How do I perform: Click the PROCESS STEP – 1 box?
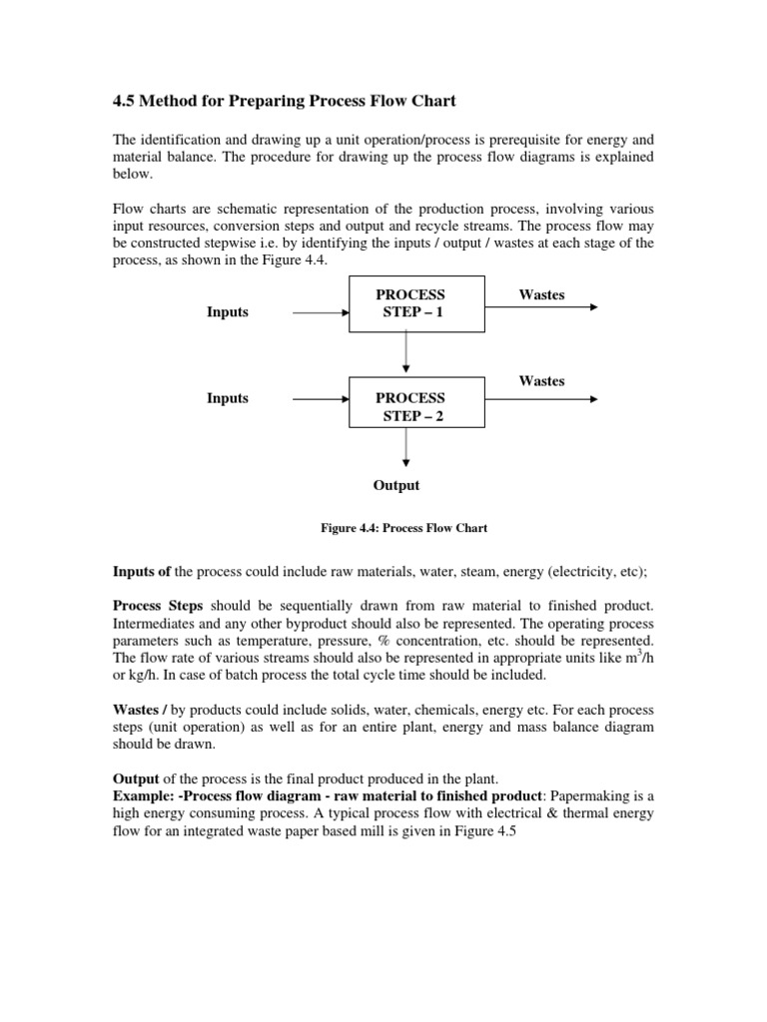[414, 304]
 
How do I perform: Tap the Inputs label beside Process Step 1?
[228, 312]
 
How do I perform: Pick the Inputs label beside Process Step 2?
[228, 398]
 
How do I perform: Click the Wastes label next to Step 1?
[541, 294]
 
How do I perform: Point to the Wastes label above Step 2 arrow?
[541, 380]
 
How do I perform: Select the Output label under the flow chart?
[396, 485]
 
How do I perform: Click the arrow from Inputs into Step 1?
[320, 312]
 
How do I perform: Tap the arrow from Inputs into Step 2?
[320, 399]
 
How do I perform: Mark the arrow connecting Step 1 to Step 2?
[405, 353]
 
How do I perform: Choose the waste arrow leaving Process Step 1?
[541, 307]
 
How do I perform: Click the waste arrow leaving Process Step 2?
[541, 399]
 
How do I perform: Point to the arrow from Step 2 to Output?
[405, 449]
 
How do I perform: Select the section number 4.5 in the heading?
[121, 101]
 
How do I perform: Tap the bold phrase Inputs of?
[141, 572]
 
